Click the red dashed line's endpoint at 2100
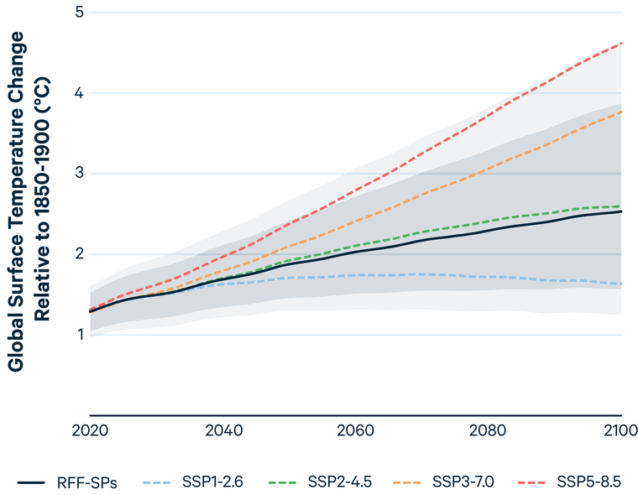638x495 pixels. [620, 43]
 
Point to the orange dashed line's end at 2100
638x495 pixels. [620, 112]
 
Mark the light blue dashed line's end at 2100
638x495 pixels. [620, 284]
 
